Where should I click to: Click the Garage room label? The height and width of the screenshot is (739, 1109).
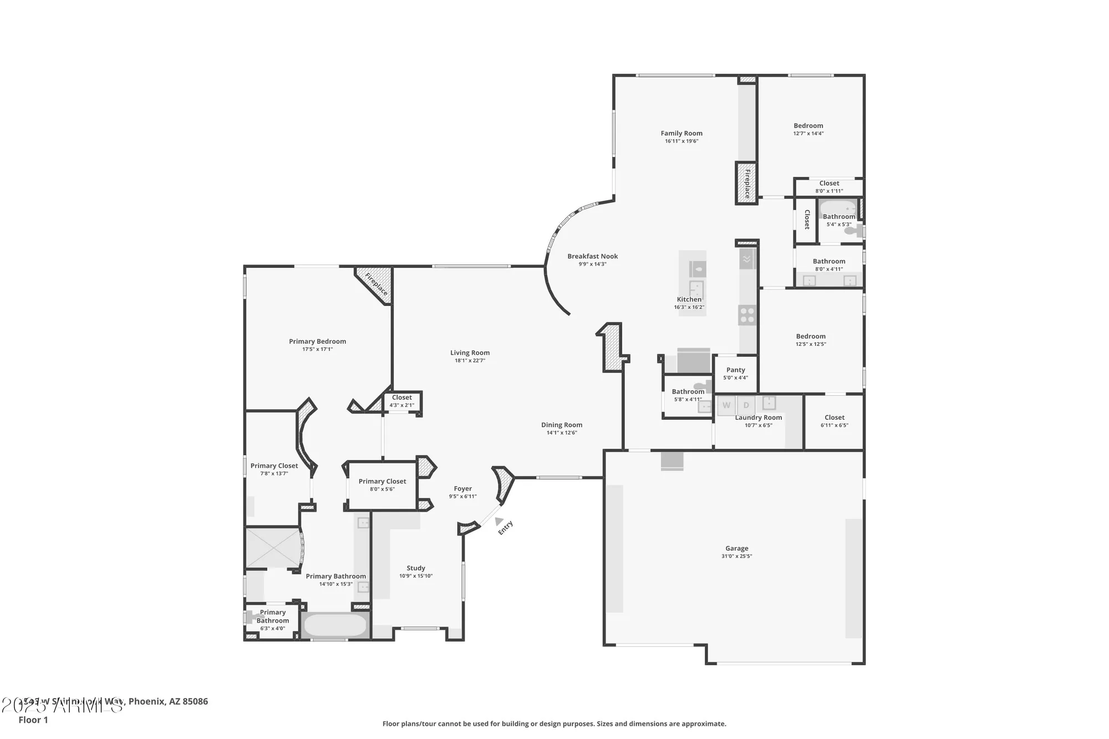pyautogui.click(x=736, y=548)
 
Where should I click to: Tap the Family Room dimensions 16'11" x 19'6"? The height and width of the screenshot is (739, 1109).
pyautogui.click(x=681, y=141)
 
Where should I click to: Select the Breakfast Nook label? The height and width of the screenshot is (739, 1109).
pyautogui.click(x=592, y=256)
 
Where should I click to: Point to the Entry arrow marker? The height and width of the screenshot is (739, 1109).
pyautogui.click(x=498, y=521)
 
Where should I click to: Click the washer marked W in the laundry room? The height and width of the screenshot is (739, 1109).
pyautogui.click(x=726, y=405)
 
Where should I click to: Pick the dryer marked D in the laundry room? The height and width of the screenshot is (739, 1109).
pyautogui.click(x=746, y=405)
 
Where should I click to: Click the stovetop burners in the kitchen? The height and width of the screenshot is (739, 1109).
pyautogui.click(x=747, y=315)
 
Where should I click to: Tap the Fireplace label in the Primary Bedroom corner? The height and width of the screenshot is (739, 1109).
pyautogui.click(x=377, y=284)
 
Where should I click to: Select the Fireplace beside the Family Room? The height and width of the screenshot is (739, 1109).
pyautogui.click(x=747, y=184)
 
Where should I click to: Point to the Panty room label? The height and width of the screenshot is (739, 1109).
pyautogui.click(x=736, y=370)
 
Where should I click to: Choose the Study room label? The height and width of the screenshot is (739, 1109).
pyautogui.click(x=416, y=568)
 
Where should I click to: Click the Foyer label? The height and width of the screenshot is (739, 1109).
pyautogui.click(x=463, y=488)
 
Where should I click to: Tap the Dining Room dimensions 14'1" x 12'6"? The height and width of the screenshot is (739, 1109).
pyautogui.click(x=562, y=433)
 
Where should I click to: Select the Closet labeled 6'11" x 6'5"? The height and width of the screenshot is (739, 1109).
pyautogui.click(x=835, y=417)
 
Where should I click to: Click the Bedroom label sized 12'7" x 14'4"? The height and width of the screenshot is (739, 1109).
pyautogui.click(x=808, y=126)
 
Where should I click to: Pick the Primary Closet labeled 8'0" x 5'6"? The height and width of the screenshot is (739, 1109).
pyautogui.click(x=382, y=481)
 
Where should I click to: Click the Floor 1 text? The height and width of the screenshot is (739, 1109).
pyautogui.click(x=33, y=720)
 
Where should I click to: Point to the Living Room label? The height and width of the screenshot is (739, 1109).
pyautogui.click(x=470, y=353)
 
